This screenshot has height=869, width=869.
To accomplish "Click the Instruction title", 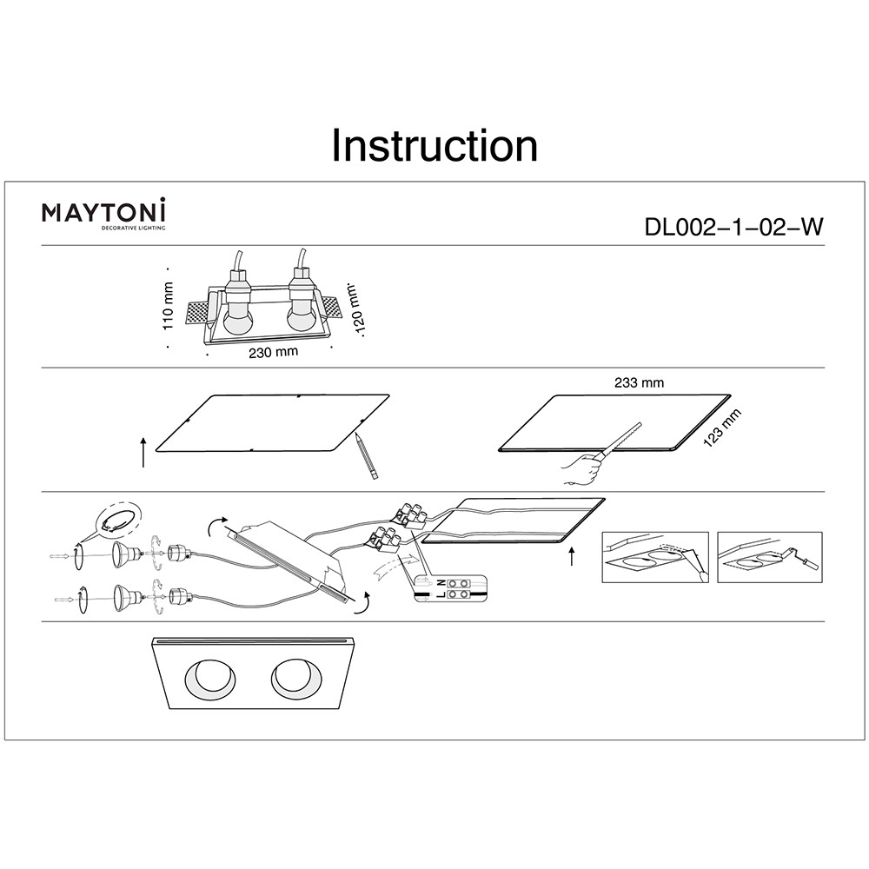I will tap(434, 146).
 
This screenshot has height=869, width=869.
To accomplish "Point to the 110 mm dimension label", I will tap(169, 306).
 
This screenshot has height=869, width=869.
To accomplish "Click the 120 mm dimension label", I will tap(355, 312).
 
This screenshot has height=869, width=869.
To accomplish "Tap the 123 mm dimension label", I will tap(723, 428).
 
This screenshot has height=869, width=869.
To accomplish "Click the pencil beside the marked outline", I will tap(365, 455).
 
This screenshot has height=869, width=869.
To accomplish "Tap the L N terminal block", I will tap(453, 588).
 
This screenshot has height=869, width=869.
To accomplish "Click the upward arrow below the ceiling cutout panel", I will tap(571, 556).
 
